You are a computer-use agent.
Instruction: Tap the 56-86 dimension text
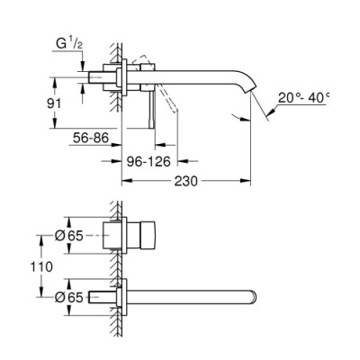[x=90, y=139]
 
